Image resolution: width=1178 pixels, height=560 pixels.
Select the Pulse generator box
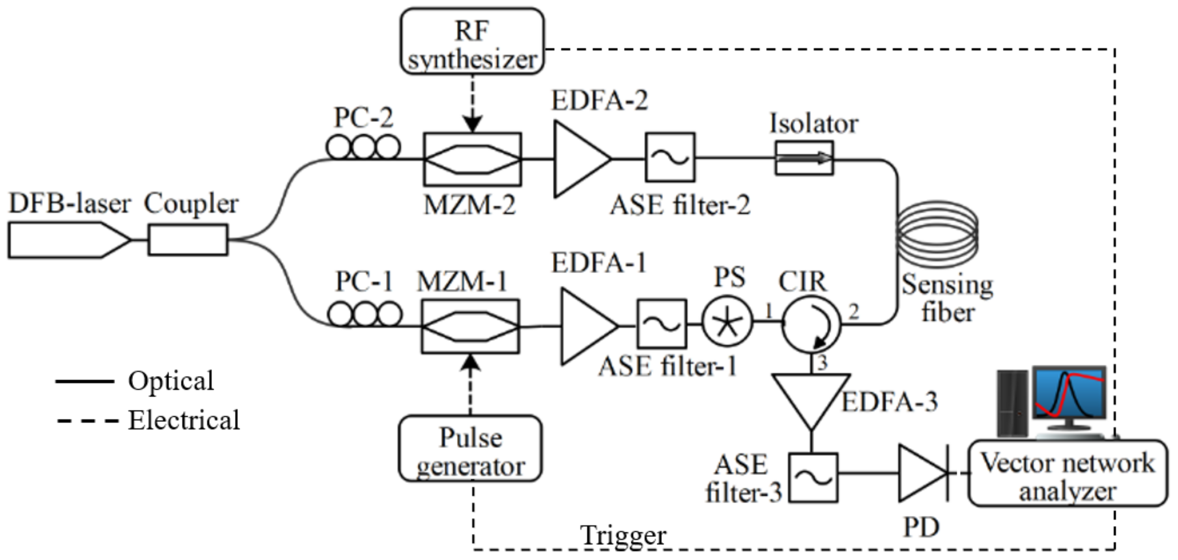pyautogui.click(x=470, y=448)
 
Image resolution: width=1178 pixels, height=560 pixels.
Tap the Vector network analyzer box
pyautogui.click(x=1067, y=474)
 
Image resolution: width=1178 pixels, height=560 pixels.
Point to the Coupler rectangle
pyautogui.click(x=187, y=240)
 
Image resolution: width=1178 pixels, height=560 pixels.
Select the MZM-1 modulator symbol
pyautogui.click(x=470, y=326)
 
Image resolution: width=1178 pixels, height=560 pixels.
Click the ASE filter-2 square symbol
pyautogui.click(x=670, y=158)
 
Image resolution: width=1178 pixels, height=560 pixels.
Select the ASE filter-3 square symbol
pyautogui.click(x=813, y=478)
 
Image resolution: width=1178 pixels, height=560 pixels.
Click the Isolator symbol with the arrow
pyautogui.click(x=804, y=158)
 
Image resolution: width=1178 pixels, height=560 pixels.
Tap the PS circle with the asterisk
pyautogui.click(x=727, y=322)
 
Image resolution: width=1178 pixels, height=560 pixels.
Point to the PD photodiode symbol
pyautogui.click(x=922, y=474)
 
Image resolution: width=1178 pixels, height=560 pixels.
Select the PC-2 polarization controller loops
pyautogui.click(x=363, y=147)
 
